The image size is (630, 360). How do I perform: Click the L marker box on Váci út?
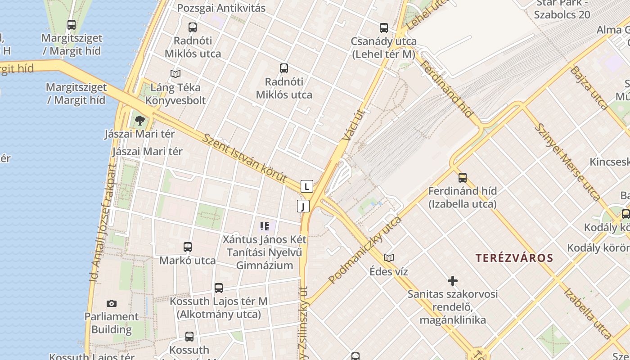(306, 186)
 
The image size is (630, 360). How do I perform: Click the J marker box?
(303, 206)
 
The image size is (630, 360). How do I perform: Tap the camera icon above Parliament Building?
(112, 304)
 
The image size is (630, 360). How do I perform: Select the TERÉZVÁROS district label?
(514, 258)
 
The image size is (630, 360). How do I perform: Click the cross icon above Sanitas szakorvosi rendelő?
(453, 281)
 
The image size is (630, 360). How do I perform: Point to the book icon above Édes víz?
(389, 258)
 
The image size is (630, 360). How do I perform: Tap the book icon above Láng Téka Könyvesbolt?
(175, 74)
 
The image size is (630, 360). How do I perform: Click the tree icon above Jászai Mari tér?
(140, 120)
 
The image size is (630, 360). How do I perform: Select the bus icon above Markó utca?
(188, 247)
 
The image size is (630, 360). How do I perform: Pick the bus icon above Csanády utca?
(384, 28)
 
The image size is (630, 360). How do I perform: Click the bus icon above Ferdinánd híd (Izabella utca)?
(463, 178)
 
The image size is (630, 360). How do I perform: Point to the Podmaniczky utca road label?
(365, 250)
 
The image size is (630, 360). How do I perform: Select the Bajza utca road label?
(589, 88)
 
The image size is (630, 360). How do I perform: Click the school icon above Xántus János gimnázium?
(265, 226)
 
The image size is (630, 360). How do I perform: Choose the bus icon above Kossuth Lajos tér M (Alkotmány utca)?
(219, 288)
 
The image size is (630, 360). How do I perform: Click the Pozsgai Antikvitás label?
(221, 8)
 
